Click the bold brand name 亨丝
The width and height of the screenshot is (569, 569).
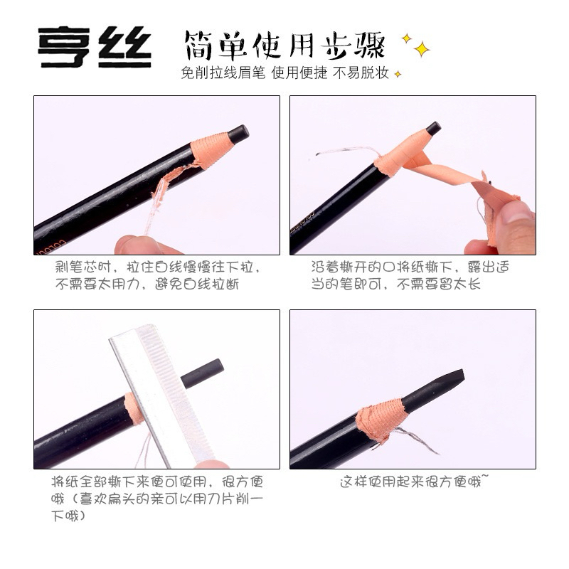point(95,47)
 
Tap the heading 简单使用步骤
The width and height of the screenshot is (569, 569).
point(285,46)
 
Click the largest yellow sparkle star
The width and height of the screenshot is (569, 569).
point(422,49)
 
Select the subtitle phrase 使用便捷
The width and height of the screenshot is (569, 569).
point(299,73)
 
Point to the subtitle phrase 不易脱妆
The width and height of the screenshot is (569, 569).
point(361,73)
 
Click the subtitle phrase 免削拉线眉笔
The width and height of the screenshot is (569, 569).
point(223,73)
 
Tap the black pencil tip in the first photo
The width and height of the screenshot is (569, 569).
point(239,133)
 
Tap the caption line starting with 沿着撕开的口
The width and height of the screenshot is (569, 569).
point(410,267)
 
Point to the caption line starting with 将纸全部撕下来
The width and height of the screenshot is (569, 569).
point(157,482)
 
